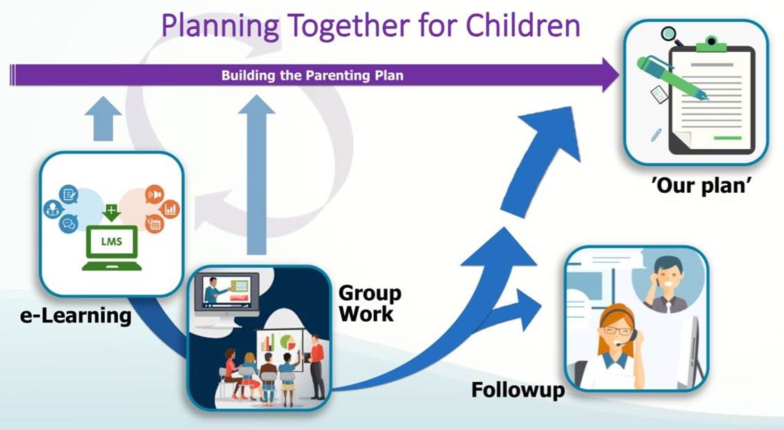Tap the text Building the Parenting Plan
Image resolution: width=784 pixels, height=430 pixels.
pyautogui.click(x=312, y=75)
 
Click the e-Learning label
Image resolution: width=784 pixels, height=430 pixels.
pyautogui.click(x=76, y=316)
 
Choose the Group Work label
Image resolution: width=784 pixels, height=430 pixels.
pyautogui.click(x=369, y=302)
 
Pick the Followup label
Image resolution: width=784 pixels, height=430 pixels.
pyautogui.click(x=518, y=390)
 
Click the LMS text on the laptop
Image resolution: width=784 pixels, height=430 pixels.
pyautogui.click(x=112, y=242)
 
